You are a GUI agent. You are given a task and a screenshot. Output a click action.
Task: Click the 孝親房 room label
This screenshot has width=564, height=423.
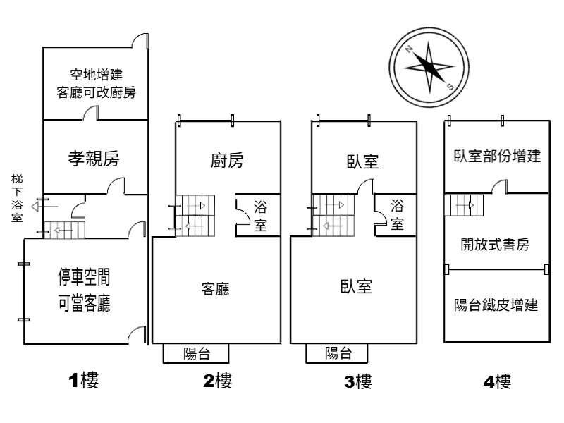[x=94, y=158]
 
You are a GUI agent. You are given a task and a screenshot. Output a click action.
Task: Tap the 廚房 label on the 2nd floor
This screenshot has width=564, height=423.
[x=227, y=161]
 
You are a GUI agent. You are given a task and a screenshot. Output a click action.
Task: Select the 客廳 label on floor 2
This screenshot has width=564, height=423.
[x=216, y=289]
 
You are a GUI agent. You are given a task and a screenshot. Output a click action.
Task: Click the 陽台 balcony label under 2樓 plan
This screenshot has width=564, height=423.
[x=197, y=354]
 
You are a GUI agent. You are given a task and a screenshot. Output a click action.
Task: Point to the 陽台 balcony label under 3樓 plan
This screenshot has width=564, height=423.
[x=338, y=353]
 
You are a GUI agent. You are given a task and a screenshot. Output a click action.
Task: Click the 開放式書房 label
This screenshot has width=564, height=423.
[x=495, y=245]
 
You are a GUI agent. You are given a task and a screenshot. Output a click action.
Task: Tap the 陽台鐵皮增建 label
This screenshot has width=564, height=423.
[x=496, y=305]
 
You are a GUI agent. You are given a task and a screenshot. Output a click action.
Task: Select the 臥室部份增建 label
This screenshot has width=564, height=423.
[x=497, y=156]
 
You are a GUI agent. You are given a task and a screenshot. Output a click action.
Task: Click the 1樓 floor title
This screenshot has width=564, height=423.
[x=83, y=380]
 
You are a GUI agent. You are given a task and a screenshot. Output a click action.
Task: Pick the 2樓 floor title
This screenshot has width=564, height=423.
[x=218, y=381]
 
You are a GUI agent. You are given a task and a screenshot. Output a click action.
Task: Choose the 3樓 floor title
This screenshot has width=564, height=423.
[x=358, y=381]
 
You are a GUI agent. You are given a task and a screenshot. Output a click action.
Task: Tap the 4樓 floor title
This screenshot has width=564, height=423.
[x=497, y=381]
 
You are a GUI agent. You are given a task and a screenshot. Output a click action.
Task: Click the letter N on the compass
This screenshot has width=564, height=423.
[x=408, y=49]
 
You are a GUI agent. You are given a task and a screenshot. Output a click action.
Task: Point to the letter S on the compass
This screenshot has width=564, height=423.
[x=450, y=86]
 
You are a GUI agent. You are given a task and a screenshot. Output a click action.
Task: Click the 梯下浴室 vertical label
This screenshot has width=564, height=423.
[x=17, y=198]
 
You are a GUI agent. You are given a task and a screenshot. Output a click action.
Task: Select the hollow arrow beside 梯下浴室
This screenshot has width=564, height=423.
[x=44, y=207]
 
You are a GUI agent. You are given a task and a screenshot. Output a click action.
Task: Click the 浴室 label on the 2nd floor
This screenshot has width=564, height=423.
[x=260, y=216]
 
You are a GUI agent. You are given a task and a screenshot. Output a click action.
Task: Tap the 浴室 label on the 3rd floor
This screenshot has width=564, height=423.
[x=397, y=215]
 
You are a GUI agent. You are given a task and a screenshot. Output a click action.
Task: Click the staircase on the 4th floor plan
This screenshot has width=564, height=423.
[x=464, y=205]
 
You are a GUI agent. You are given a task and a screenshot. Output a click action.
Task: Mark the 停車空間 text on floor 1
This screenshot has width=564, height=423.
[x=84, y=277]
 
